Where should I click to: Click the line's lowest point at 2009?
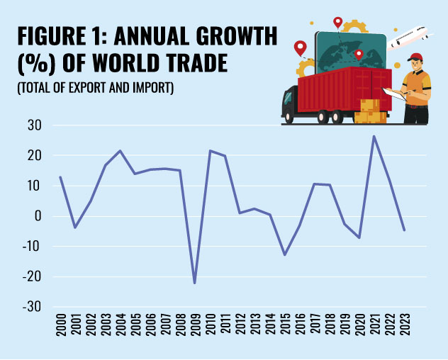point(194,283)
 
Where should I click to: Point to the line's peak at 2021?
point(374,136)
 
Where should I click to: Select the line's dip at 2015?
point(284,254)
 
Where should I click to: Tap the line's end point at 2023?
point(404,230)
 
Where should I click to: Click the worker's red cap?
point(416,57)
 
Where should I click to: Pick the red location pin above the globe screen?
point(337,22)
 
